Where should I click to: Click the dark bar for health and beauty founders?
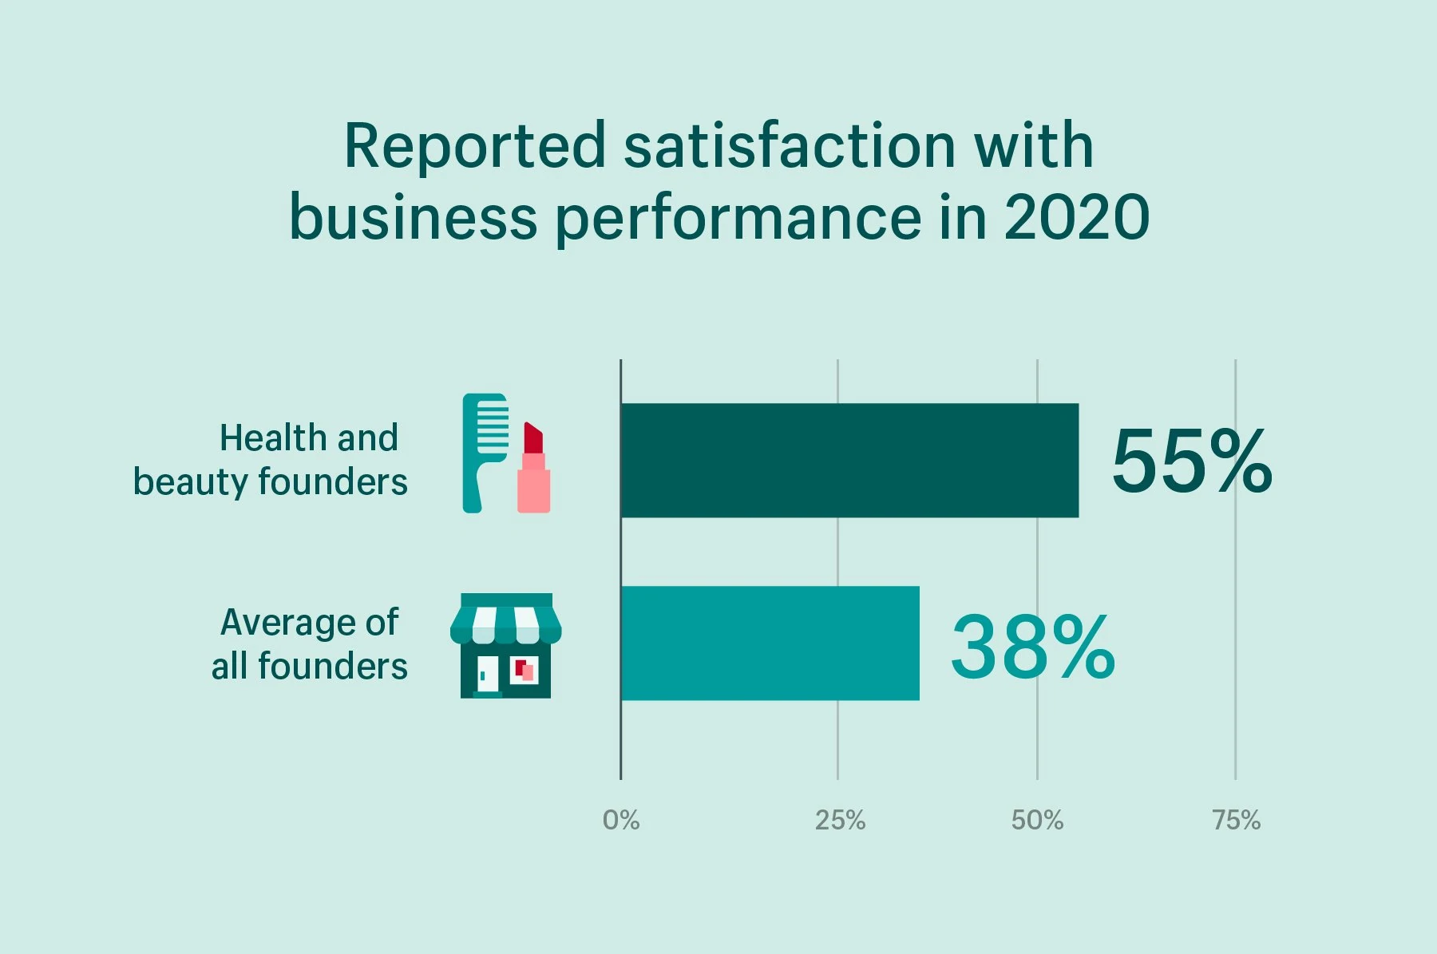(x=849, y=461)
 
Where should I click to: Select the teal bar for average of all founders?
(x=770, y=643)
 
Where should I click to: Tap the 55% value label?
(x=1191, y=461)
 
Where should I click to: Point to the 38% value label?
(x=1032, y=647)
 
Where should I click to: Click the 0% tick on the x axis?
(x=621, y=820)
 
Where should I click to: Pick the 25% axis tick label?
(x=840, y=820)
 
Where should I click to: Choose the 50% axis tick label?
(x=1037, y=820)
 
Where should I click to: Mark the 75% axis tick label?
(x=1236, y=820)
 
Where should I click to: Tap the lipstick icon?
(x=533, y=471)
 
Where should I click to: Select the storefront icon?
(x=505, y=646)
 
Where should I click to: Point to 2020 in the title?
(x=1076, y=217)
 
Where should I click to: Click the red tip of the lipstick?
(x=532, y=437)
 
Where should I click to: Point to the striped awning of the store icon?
(x=505, y=624)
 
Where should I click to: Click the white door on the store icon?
(x=487, y=673)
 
